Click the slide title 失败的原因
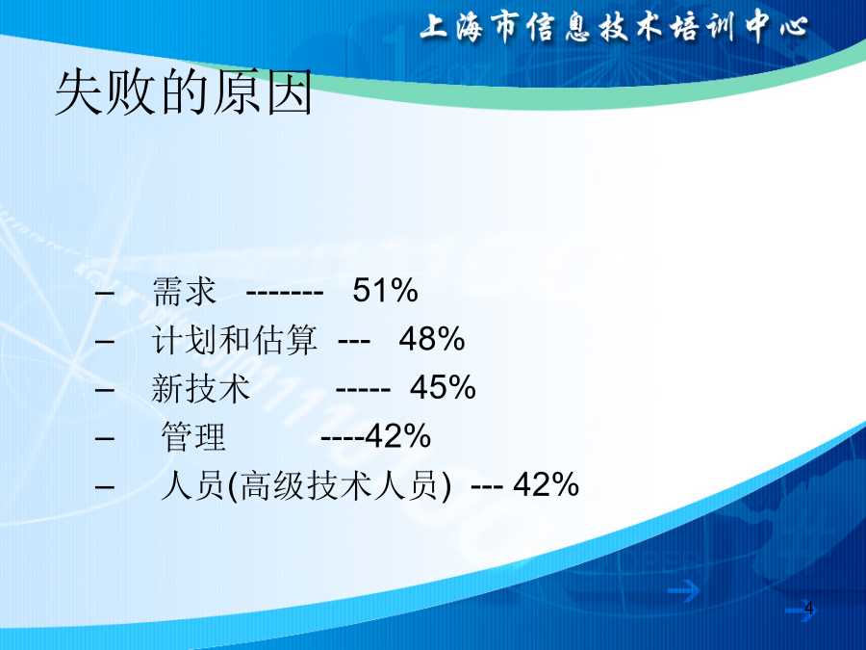click(184, 92)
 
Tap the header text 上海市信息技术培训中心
click(614, 27)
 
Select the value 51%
click(385, 290)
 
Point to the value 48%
click(432, 339)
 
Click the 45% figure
click(443, 387)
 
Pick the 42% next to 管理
click(397, 435)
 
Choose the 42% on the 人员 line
click(546, 484)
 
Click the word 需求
click(184, 291)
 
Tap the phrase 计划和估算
click(234, 339)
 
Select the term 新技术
click(200, 388)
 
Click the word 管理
click(193, 436)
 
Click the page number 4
click(809, 608)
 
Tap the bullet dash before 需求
click(105, 293)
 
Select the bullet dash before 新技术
click(105, 390)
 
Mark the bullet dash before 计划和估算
click(105, 342)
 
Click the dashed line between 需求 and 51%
click(285, 294)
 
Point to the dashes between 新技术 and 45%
click(363, 390)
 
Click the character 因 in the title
click(291, 92)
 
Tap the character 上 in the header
click(434, 27)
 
